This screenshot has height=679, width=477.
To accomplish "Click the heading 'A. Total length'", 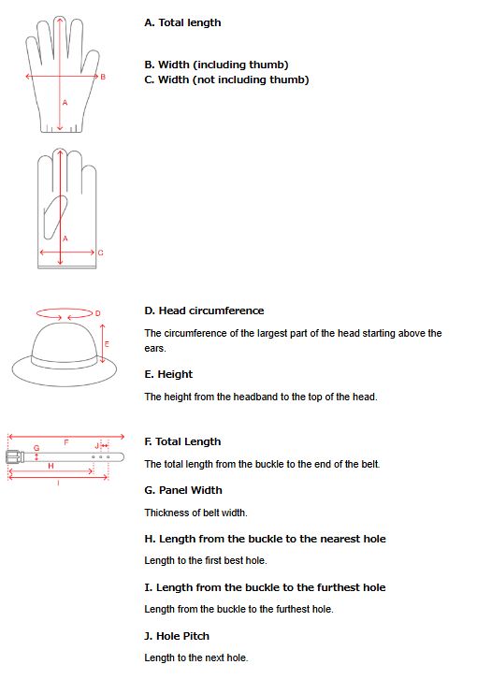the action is pyautogui.click(x=182, y=23).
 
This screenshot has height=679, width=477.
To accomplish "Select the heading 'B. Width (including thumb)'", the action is pyautogui.click(x=216, y=65).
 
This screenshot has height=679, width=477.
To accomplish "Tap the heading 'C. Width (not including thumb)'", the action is pyautogui.click(x=226, y=79).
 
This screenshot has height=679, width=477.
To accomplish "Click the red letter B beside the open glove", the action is pyautogui.click(x=103, y=77).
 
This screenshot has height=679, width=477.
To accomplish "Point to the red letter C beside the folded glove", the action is pyautogui.click(x=100, y=253).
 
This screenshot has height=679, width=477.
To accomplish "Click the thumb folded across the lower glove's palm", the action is pyautogui.click(x=55, y=217).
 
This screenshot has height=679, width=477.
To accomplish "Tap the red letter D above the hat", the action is pyautogui.click(x=97, y=313).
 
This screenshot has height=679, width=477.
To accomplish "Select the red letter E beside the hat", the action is pyautogui.click(x=107, y=344).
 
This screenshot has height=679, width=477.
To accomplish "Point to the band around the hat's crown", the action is pyautogui.click(x=65, y=360).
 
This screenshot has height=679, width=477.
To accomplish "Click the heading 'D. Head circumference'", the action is pyautogui.click(x=204, y=311).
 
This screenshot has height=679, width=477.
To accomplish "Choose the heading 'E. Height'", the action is pyautogui.click(x=168, y=375).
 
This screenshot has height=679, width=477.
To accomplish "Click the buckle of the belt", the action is pyautogui.click(x=15, y=456).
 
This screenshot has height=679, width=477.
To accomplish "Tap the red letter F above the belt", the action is pyautogui.click(x=66, y=442).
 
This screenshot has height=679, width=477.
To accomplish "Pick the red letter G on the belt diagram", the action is pyautogui.click(x=36, y=448).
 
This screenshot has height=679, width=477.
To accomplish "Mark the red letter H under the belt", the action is pyautogui.click(x=51, y=466).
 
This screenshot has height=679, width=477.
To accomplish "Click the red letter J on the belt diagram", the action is pyautogui.click(x=96, y=445).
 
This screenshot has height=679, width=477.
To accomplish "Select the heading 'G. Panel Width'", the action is pyautogui.click(x=183, y=490).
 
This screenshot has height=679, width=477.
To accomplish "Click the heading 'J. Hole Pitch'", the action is pyautogui.click(x=177, y=636).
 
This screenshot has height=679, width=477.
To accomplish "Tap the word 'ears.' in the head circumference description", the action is pyautogui.click(x=155, y=349).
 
